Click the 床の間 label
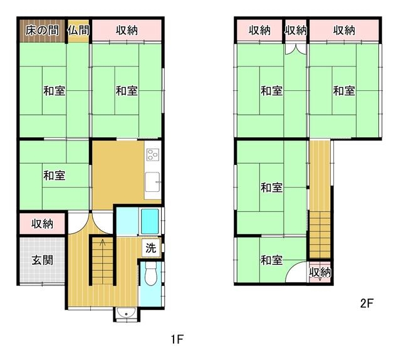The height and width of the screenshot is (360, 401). pyautogui.click(x=42, y=31)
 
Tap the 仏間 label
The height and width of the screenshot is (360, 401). pyautogui.click(x=78, y=31)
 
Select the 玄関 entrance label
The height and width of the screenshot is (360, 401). pyautogui.click(x=43, y=260)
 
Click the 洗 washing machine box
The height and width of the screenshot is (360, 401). pyautogui.click(x=151, y=248)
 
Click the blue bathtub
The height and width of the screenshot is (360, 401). pyautogui.click(x=150, y=221)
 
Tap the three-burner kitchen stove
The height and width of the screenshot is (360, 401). pyautogui.click(x=152, y=155)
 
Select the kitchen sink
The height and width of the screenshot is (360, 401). pyautogui.click(x=152, y=182)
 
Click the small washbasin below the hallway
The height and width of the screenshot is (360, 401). pyautogui.click(x=126, y=313)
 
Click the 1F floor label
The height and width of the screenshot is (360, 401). pyautogui.click(x=177, y=339)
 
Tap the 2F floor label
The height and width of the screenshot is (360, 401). pyautogui.click(x=367, y=304)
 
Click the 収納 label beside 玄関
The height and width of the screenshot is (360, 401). pyautogui.click(x=43, y=224)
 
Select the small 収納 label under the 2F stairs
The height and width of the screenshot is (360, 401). pyautogui.click(x=320, y=272)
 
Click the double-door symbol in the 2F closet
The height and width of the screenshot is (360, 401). pyautogui.click(x=296, y=49)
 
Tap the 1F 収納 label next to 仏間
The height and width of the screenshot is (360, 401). pyautogui.click(x=127, y=31)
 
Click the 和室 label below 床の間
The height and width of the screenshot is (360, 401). pyautogui.click(x=55, y=91)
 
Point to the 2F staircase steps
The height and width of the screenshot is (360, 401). pyautogui.click(x=320, y=235)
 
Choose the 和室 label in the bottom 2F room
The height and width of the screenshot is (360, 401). pyautogui.click(x=271, y=260)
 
